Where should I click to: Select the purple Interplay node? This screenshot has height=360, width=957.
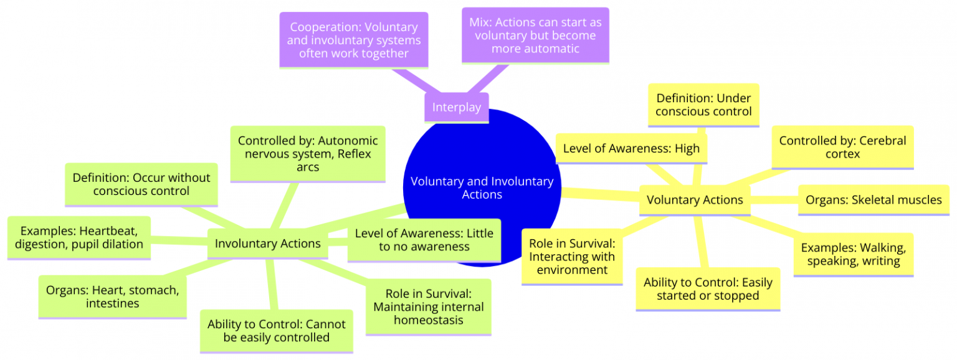coord(457,107)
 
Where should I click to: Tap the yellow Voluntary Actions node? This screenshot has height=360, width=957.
coord(695,200)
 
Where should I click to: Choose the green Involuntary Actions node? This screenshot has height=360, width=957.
coord(267,244)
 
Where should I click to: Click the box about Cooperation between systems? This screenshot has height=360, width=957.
coord(354,40)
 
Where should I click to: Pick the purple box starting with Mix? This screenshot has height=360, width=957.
coord(535,36)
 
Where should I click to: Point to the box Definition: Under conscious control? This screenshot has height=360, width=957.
coord(703,105)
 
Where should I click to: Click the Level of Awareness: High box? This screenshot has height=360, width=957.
coord(631,148)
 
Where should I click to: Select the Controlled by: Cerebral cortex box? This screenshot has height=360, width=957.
coord(842,147)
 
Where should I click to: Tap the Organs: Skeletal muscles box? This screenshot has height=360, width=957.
coord(873,200)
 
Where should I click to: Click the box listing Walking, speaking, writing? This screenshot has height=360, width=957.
coord(853,254)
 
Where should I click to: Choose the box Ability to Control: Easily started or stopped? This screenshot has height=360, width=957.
coord(708,289)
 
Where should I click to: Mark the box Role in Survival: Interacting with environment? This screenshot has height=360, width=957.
coord(571,256)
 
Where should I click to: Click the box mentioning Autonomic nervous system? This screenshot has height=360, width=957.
coord(308,154)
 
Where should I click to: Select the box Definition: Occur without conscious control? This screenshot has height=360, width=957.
coord(141,184)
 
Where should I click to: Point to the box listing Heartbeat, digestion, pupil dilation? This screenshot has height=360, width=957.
coord(80,237)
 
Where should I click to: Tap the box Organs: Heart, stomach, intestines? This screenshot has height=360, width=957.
coord(112,296)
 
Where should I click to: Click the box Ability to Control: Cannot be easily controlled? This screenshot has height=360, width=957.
coord(276,331)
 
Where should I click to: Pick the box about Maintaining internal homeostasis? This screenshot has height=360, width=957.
coord(428,306)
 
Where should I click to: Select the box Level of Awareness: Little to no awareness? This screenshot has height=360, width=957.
coord(424,240)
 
